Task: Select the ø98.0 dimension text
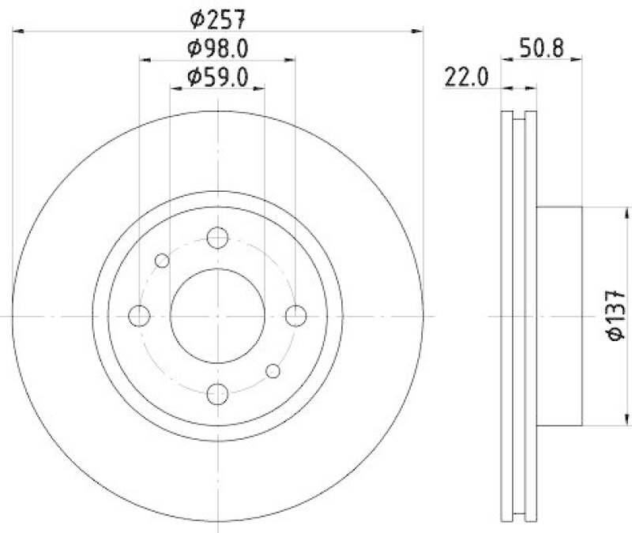coord(218,48)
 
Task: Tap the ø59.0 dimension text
coord(218,77)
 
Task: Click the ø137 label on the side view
coord(617,316)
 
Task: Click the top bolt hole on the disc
coord(217,238)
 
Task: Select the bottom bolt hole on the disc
coord(217,393)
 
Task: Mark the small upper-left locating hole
coord(162,261)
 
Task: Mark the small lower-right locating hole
coord(273,371)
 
